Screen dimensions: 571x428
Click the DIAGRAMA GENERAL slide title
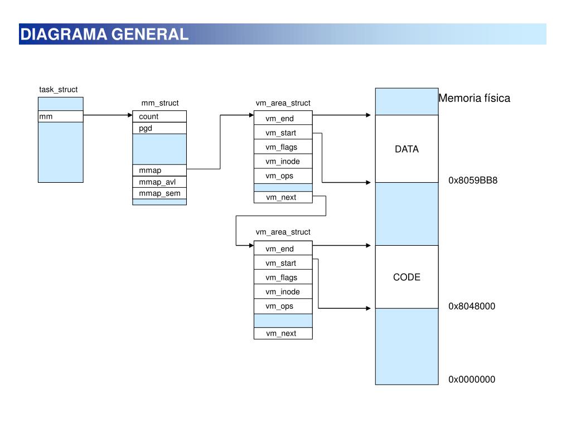coord(104,34)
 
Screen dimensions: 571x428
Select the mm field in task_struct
coord(60,116)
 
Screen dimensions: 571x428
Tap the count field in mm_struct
coord(159,116)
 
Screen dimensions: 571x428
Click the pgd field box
coord(159,128)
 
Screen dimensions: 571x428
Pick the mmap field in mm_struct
coord(159,171)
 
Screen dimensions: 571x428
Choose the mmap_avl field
coord(159,182)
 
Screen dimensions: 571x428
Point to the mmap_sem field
coord(159,193)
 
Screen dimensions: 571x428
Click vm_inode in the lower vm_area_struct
coord(283,291)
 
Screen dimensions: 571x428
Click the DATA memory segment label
coord(407,149)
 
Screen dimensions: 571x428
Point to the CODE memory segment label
coord(407,278)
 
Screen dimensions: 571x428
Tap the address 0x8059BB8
coord(473,181)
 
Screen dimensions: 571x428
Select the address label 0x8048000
coord(472,306)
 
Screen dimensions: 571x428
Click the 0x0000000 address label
coord(472,379)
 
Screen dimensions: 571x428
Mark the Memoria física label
coord(474,98)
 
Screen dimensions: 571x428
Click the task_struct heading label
coord(58,90)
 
